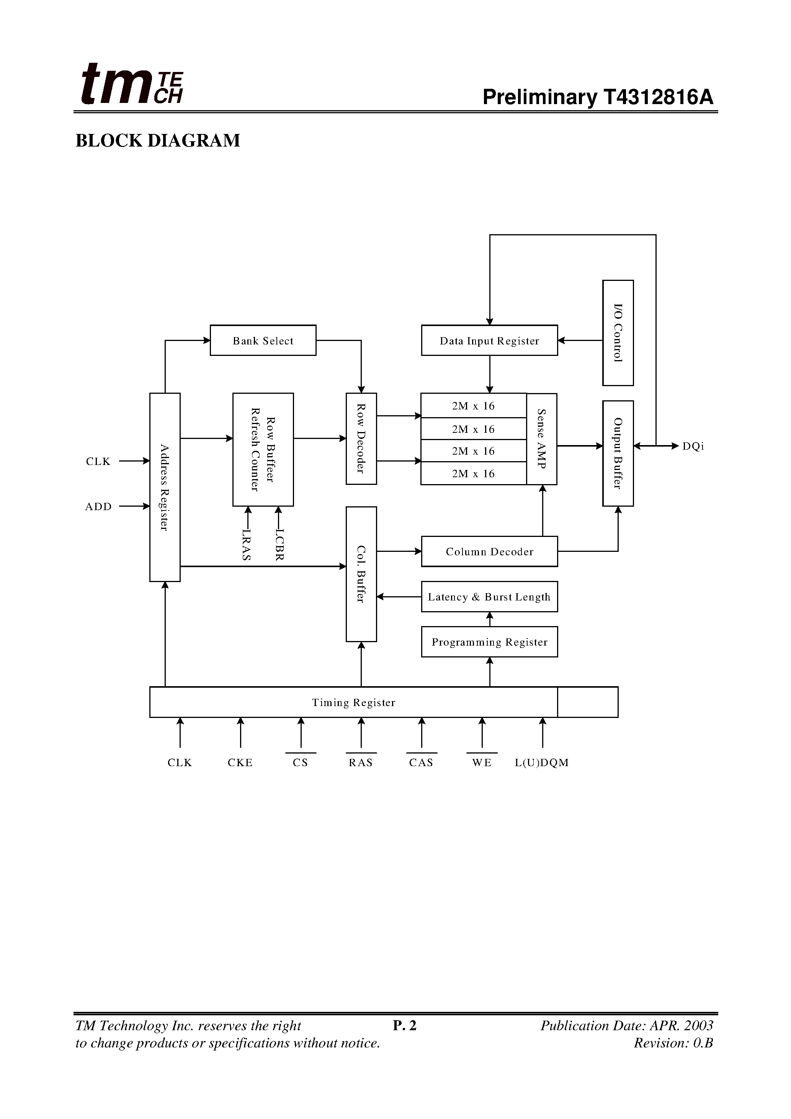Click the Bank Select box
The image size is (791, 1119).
pyautogui.click(x=263, y=340)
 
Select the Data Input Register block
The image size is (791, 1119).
pyautogui.click(x=489, y=340)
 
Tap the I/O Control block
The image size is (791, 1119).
pyautogui.click(x=618, y=333)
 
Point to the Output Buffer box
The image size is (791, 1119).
pyautogui.click(x=618, y=453)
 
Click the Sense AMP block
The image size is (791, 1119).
pyautogui.click(x=541, y=439)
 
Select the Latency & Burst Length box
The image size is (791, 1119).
pyautogui.click(x=489, y=597)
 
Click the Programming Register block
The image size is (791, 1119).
pyautogui.click(x=489, y=642)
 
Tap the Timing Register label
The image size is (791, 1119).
pyautogui.click(x=353, y=702)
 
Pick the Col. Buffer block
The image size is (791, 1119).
pyautogui.click(x=361, y=574)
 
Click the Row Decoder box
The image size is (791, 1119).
pyautogui.click(x=361, y=439)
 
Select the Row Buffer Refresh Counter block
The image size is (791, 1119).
pyautogui.click(x=263, y=449)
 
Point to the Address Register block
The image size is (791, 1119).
pyautogui.click(x=165, y=488)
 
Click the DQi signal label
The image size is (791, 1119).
pyautogui.click(x=693, y=447)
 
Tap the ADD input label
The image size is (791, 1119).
pyautogui.click(x=98, y=507)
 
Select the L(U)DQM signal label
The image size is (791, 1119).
pyautogui.click(x=541, y=763)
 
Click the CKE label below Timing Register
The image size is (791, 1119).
pyautogui.click(x=240, y=763)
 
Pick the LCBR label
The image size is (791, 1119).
pyautogui.click(x=279, y=545)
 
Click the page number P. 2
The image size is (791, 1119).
pyautogui.click(x=405, y=1026)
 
